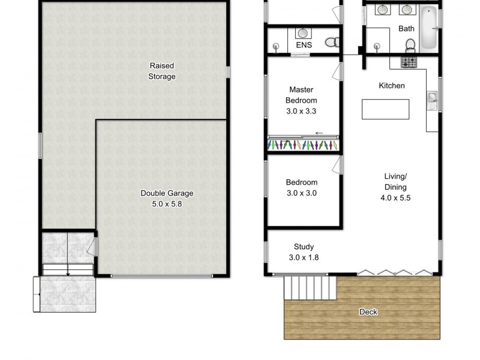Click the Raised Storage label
pos(162,71)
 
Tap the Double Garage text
pos(167,193)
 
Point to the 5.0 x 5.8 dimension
pos(167,204)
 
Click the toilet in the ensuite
pos(331,42)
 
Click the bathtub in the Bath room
pos(429,28)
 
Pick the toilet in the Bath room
pos(411,45)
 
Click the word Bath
pos(406,28)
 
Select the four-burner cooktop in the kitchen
pos(409,62)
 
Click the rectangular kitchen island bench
pos(385,109)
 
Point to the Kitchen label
pos(391,86)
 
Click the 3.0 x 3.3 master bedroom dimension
pos(301,111)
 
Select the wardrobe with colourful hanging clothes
pos(304,145)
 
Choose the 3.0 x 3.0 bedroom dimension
pos(301,193)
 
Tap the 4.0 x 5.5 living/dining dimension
pos(396,197)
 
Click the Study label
pos(304,247)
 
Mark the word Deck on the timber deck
pos(368,312)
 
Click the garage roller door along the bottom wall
pos(161,276)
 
